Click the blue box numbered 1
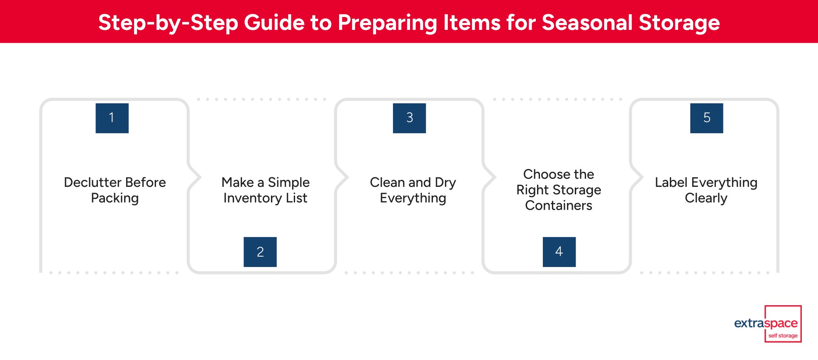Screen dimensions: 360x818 (x=112, y=118)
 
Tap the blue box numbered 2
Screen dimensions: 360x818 (x=260, y=252)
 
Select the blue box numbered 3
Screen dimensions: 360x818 (x=409, y=118)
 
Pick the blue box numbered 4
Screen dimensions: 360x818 (x=559, y=252)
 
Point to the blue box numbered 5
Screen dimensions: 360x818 (x=706, y=118)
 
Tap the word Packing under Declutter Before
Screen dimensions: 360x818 (x=115, y=198)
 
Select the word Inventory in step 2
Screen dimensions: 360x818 (x=253, y=198)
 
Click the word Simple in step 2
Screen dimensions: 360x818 (x=288, y=182)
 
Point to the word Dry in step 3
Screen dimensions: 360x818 (x=445, y=183)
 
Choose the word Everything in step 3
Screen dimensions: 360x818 (x=413, y=198)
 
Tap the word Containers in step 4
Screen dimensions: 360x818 (x=559, y=206)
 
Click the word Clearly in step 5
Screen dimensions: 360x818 (x=706, y=198)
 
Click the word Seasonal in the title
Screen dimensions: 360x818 (x=587, y=22)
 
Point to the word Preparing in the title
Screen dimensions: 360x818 (x=387, y=23)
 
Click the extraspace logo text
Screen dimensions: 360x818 (x=766, y=323)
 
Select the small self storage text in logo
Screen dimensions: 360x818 (x=783, y=336)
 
